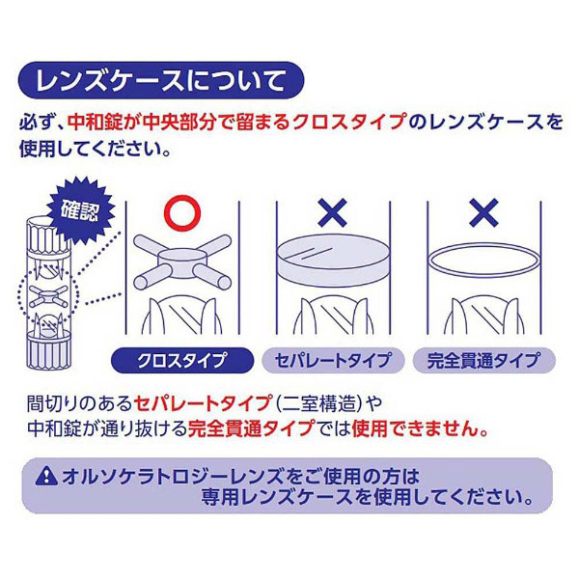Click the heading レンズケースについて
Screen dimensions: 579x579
coord(160,81)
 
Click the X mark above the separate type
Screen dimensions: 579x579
coord(332,212)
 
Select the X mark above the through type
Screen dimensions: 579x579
coord(483,212)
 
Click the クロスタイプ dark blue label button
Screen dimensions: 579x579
coord(182,360)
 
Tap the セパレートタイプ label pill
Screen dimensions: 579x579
coord(333,360)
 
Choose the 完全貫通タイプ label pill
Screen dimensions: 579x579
coord(483,360)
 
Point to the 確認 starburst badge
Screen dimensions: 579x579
coord(81,210)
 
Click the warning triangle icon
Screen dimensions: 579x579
coord(46,476)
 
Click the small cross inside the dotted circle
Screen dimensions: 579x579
coord(48,296)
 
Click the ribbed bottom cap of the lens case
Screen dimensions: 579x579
coord(48,352)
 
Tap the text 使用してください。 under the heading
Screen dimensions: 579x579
coord(96,149)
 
